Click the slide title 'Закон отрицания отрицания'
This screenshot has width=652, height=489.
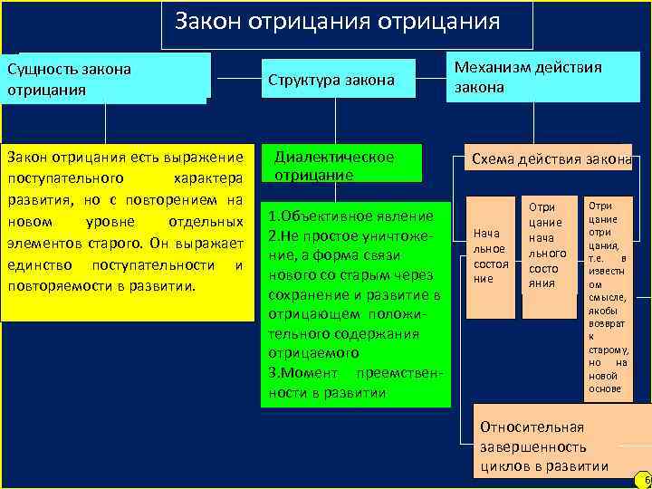click(337, 21)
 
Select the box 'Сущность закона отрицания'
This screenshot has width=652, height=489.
click(107, 79)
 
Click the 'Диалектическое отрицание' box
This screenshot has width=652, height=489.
click(342, 165)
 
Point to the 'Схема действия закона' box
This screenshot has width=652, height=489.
click(549, 159)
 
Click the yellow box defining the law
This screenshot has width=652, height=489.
click(128, 232)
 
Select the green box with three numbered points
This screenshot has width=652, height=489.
click(354, 304)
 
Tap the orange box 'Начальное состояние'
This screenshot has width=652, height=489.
click(492, 256)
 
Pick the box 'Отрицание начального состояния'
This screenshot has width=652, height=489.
click(548, 244)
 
